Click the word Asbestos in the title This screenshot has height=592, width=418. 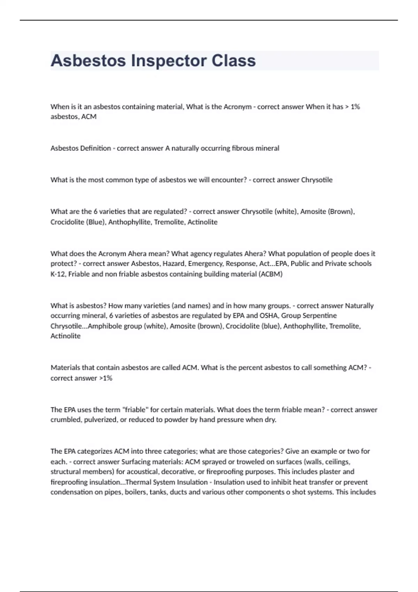point(88,61)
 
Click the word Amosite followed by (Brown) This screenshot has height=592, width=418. point(313,211)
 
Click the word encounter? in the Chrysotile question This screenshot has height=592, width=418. point(229,180)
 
